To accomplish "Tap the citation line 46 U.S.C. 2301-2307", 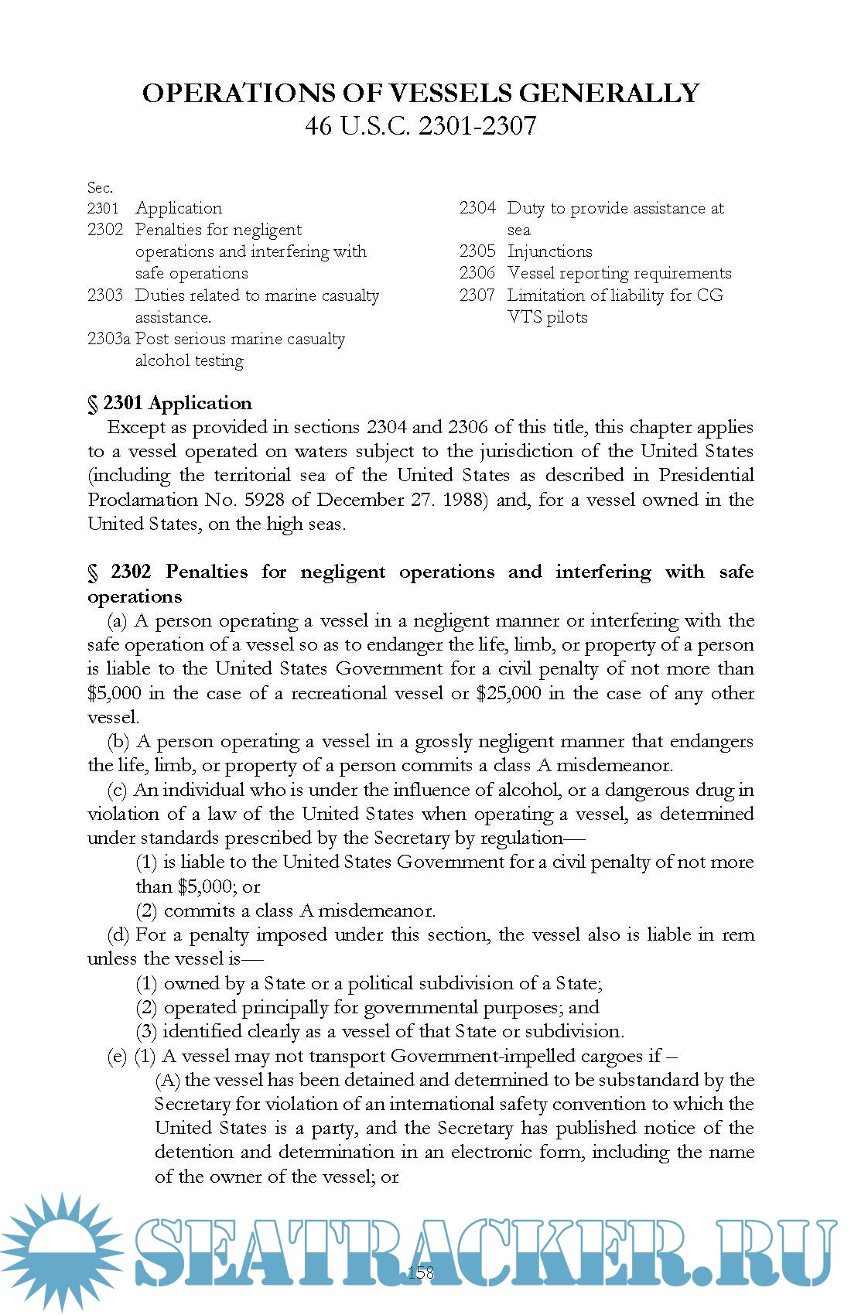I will pos(420,125).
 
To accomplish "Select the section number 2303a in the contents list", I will pos(108,339).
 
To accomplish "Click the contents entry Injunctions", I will pos(549,251).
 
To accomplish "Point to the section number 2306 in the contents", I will pos(477,273).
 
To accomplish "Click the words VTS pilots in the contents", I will pos(547,317).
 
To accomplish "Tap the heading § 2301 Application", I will pos(169,403).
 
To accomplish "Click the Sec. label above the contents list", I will pos(100,187).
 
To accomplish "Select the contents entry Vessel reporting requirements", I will pos(619,273).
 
